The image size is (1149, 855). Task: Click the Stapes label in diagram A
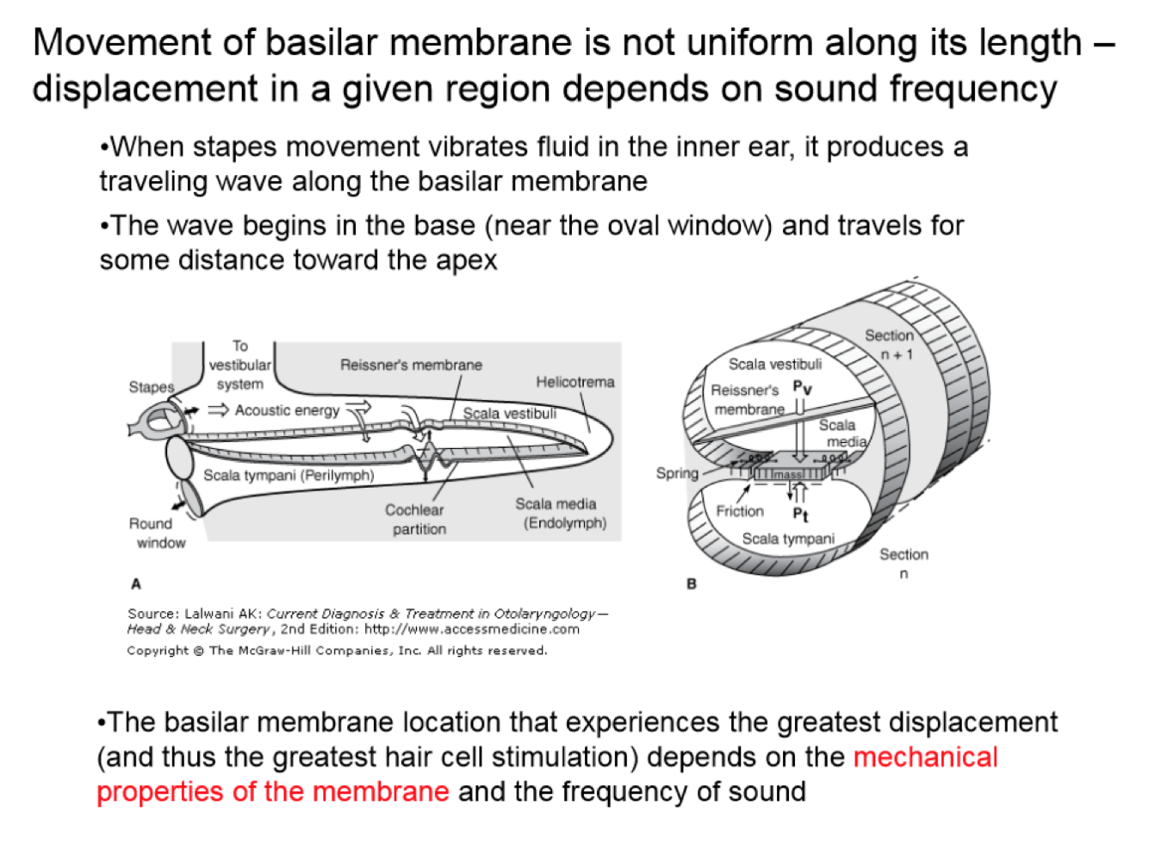(152, 387)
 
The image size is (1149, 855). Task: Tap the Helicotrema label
(574, 382)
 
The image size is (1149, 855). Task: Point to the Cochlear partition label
(417, 519)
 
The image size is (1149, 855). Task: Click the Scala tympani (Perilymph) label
(288, 475)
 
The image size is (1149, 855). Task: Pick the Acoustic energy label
(287, 410)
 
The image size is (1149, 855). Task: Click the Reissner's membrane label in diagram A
(410, 365)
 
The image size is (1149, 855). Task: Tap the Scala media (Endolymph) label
(561, 513)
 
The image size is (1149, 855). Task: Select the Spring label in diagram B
(676, 473)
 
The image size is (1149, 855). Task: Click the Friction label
(739, 510)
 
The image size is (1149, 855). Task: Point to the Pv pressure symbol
(802, 387)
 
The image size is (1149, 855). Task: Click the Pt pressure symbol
(800, 515)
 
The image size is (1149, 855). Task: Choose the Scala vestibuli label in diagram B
(774, 364)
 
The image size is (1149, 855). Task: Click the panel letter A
(135, 584)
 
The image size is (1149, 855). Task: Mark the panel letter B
(691, 584)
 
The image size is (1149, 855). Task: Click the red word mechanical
(925, 757)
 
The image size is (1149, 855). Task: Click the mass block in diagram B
(786, 474)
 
